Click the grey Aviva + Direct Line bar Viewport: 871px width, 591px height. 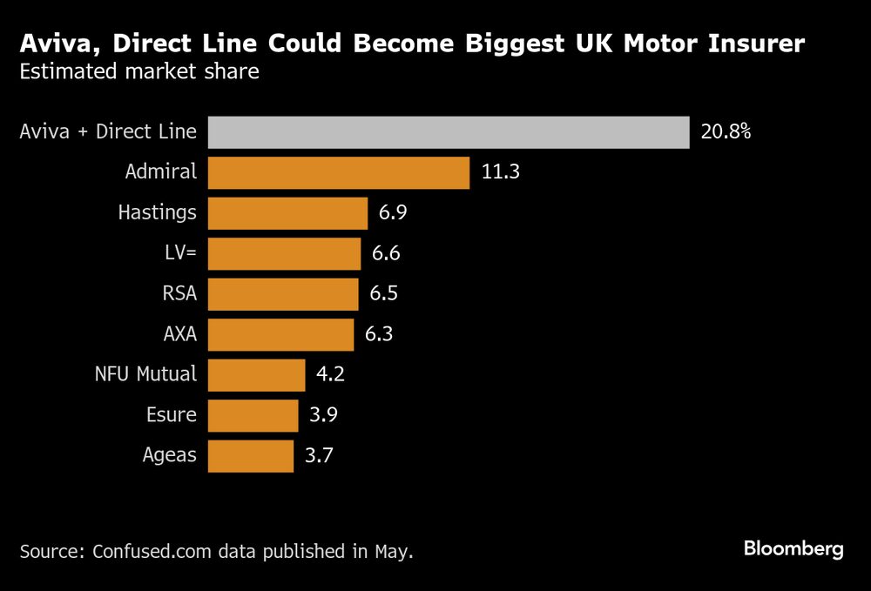coord(449,132)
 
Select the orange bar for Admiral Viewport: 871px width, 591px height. coord(339,172)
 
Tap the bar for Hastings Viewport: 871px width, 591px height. coord(287,213)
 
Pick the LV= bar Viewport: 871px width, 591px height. coord(284,253)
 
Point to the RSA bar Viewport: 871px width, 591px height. coord(283,294)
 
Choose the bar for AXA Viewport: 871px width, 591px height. coord(280,334)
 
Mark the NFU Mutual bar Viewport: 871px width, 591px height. coord(256,375)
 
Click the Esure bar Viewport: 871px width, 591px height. coord(253,415)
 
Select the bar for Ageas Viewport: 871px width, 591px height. coord(251,455)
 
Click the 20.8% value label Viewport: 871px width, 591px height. coord(726,132)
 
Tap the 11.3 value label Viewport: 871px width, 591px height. coord(500,172)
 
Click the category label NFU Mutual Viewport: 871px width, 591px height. coord(145,375)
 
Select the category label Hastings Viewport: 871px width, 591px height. coord(157,212)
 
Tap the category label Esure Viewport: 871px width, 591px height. coord(172,415)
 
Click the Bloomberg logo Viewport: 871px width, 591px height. coord(793,549)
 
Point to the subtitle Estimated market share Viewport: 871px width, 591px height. coord(139,71)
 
